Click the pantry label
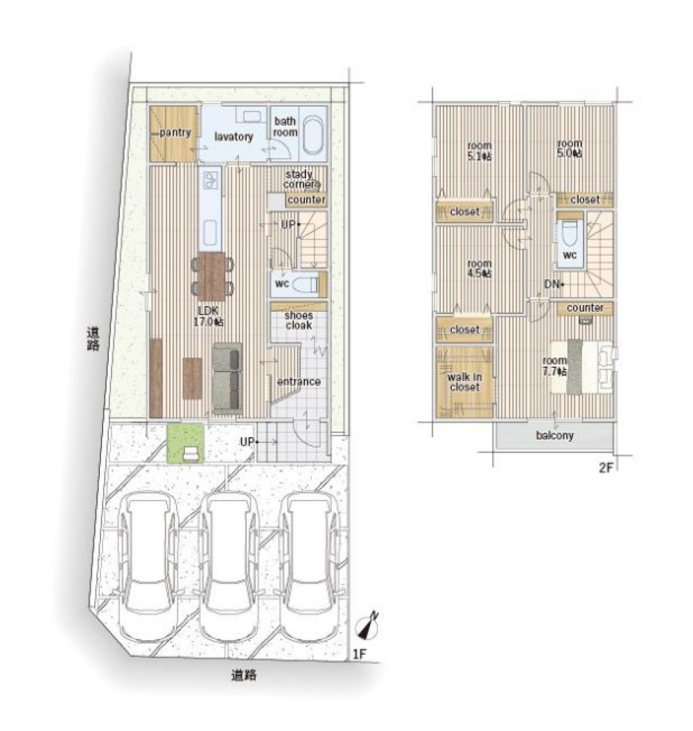coord(175,133)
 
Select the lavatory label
coord(234,136)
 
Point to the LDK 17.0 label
coord(208,316)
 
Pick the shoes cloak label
coord(299,320)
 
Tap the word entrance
coord(299,382)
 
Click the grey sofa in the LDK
coord(227,378)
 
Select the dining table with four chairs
coord(212,276)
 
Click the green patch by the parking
coord(185,443)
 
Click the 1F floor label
coord(359,654)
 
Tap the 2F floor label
coord(605,468)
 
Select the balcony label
coord(554,436)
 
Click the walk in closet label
coord(464,382)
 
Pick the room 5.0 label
coord(569,148)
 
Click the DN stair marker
coord(553,284)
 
